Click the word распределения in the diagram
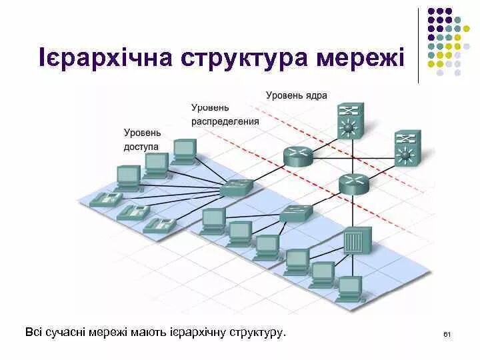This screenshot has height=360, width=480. point(225,121)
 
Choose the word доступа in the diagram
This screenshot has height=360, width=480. point(141,146)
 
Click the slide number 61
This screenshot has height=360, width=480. point(447,333)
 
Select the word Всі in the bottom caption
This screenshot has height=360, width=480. point(34,331)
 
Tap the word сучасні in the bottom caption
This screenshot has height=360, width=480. point(71,331)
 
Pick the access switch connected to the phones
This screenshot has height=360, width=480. point(237,187)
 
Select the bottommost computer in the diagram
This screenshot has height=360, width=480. point(349,289)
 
